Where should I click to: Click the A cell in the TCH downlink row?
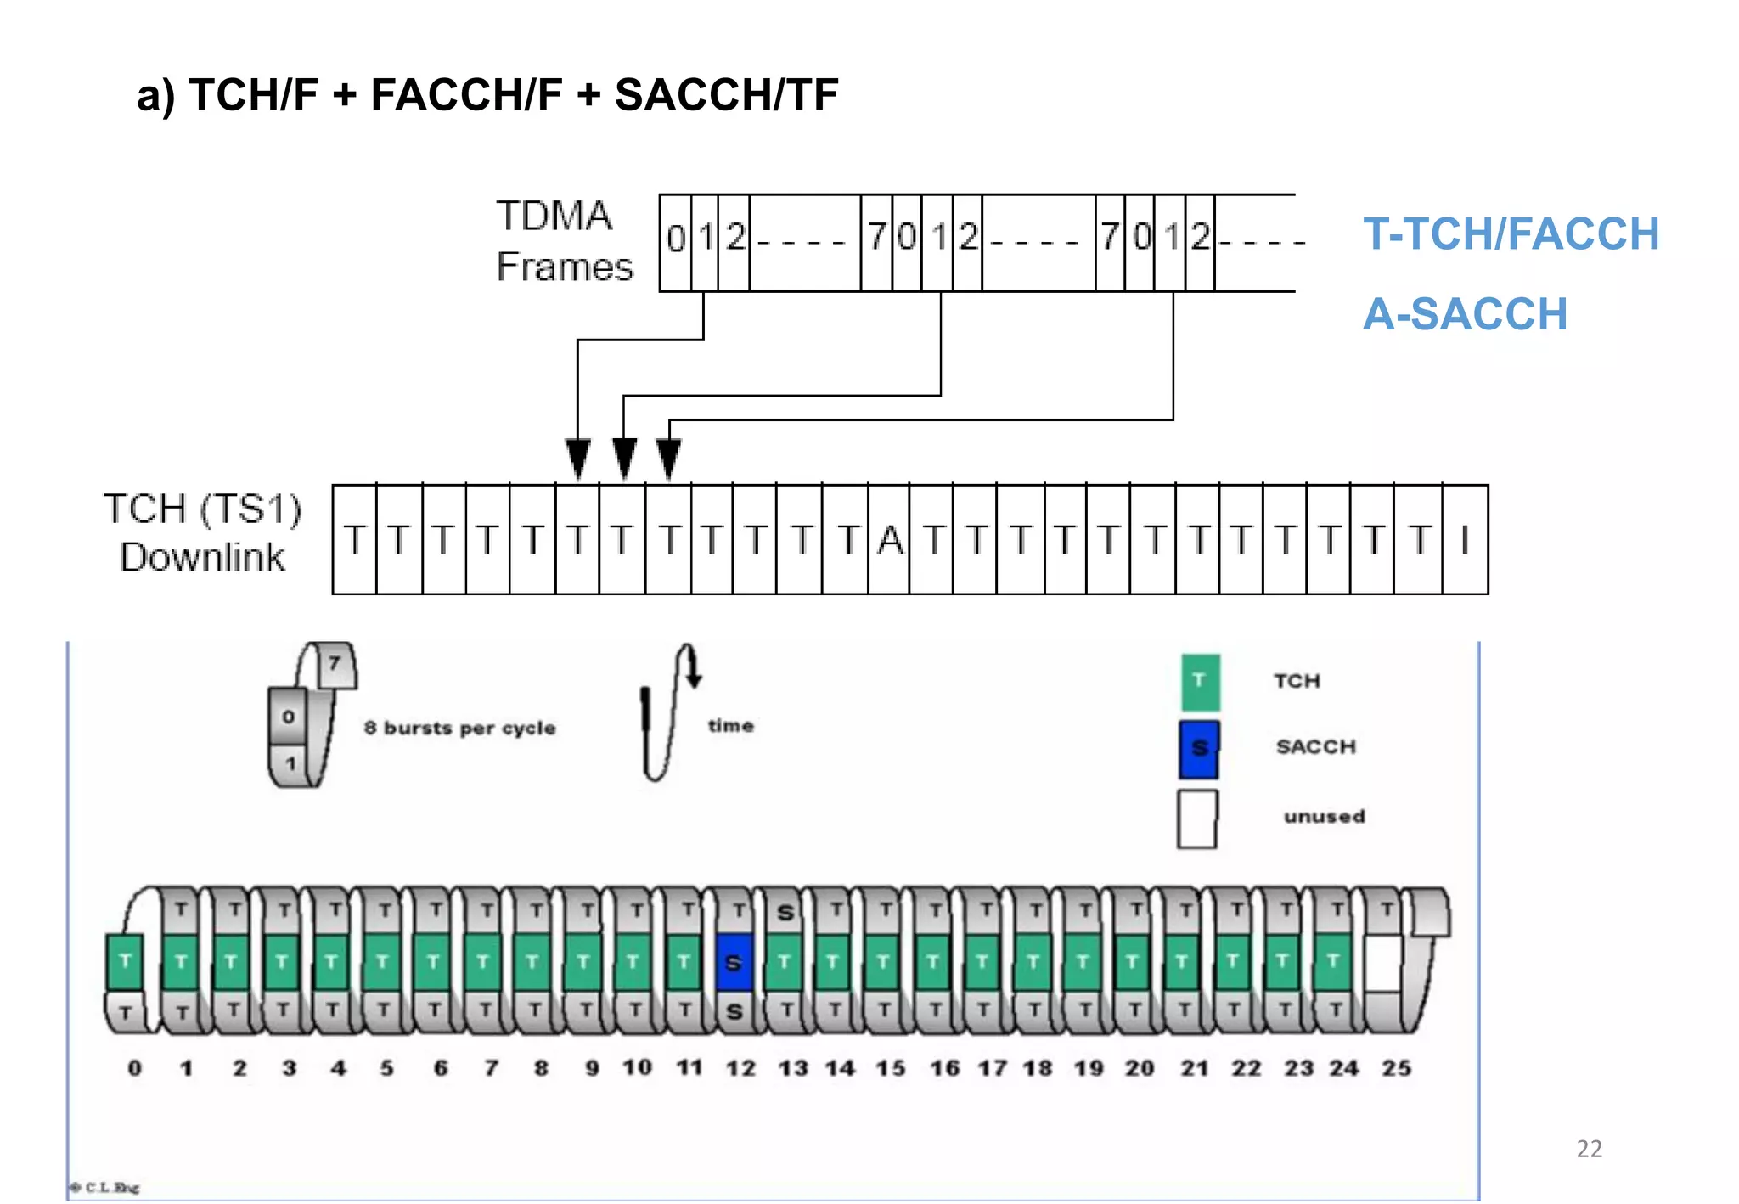point(889,540)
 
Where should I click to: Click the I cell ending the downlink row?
point(1465,540)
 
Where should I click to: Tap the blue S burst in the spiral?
point(734,963)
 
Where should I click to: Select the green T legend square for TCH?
point(1200,682)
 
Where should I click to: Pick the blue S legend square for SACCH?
point(1199,749)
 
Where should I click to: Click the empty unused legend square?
point(1197,819)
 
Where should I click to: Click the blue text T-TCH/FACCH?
point(1511,234)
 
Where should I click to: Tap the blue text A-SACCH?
point(1465,314)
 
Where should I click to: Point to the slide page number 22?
point(1589,1149)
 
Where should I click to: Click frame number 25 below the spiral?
point(1396,1068)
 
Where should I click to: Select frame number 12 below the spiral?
point(740,1068)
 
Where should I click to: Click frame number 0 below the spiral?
point(135,1068)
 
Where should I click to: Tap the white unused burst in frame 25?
point(1382,963)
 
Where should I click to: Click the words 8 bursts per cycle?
point(459,728)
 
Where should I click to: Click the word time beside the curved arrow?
point(730,725)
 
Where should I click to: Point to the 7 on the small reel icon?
point(335,663)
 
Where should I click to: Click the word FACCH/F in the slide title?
point(466,94)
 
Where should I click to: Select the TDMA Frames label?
point(563,241)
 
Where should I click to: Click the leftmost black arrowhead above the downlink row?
point(578,459)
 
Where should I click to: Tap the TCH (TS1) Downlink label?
point(202,533)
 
